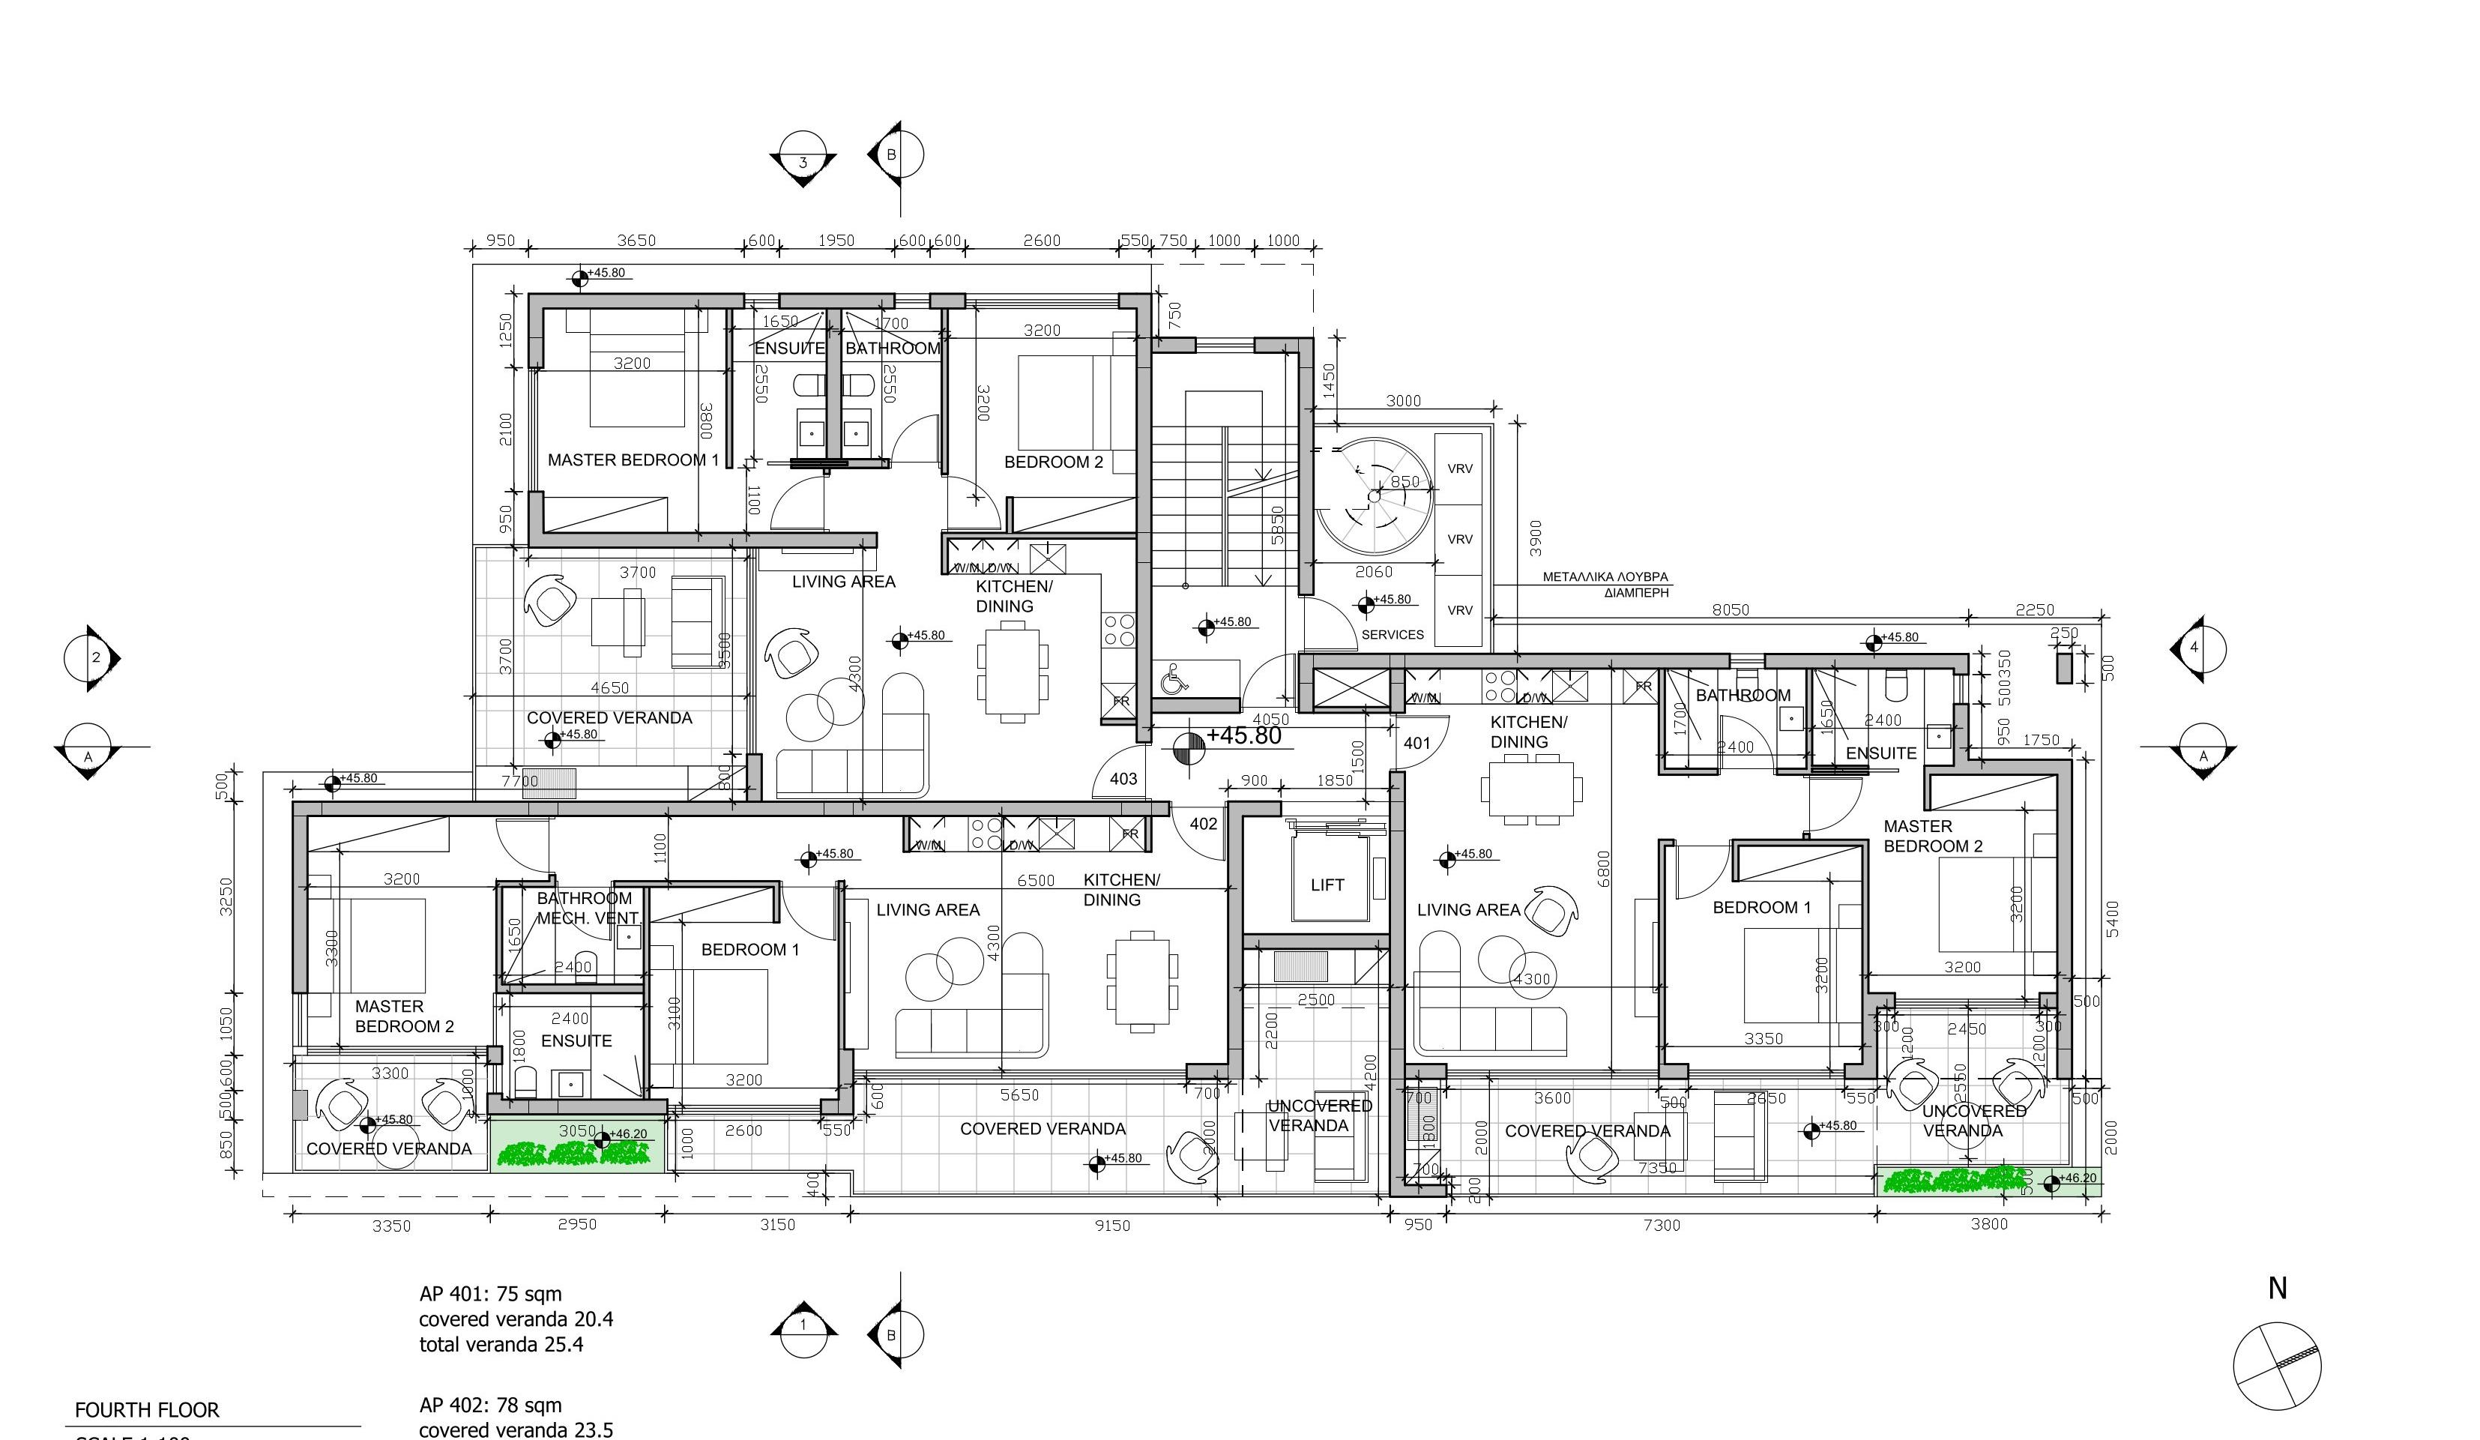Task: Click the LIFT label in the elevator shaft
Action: coord(1327,885)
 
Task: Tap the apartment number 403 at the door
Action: coord(1123,779)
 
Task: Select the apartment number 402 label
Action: coord(1204,824)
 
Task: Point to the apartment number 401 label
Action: coord(1417,743)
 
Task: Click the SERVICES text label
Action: coord(1392,635)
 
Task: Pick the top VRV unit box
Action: coord(1459,469)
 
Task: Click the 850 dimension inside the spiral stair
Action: coord(1405,481)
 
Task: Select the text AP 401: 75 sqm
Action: coord(490,1293)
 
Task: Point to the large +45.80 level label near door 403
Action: coord(1243,735)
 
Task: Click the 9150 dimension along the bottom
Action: coord(1112,1226)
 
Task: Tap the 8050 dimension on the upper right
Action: coord(1730,609)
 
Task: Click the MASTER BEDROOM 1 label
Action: coord(633,460)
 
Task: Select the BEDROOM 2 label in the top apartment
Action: coord(1053,462)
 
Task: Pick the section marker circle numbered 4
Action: coord(2194,648)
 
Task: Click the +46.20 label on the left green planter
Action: coord(629,1134)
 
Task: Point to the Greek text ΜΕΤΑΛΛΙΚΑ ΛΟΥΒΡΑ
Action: coord(1604,578)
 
